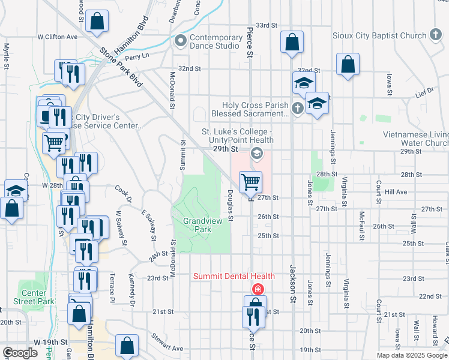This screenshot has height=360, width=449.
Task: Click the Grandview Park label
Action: (x=197, y=225)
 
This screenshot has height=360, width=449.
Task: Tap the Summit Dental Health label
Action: (x=234, y=277)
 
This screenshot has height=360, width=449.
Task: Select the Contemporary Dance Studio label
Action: (x=214, y=41)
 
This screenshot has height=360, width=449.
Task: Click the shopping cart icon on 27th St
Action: (x=250, y=181)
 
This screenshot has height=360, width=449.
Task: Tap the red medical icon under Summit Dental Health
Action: (x=258, y=289)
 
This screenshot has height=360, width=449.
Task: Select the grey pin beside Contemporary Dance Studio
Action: (x=179, y=41)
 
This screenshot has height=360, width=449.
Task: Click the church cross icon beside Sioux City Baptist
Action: (x=436, y=35)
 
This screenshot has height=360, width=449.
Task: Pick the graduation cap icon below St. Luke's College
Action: (x=256, y=154)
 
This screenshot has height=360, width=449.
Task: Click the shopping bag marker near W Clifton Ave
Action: (x=97, y=21)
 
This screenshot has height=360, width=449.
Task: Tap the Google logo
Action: (x=20, y=353)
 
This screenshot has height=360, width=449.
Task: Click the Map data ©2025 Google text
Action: (x=412, y=355)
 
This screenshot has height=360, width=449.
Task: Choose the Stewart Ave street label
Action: (x=167, y=343)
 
